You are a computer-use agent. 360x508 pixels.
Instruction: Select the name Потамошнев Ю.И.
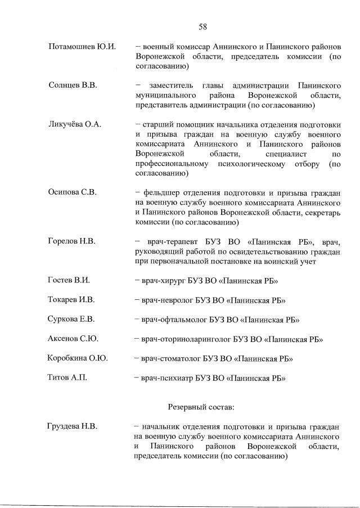[x=82, y=46]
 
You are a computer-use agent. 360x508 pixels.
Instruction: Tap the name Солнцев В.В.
[x=73, y=86]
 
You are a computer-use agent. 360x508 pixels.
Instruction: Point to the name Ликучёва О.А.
[x=75, y=124]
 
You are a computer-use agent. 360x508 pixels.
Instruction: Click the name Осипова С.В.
[x=73, y=192]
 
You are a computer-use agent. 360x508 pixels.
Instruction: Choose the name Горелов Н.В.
[x=72, y=241]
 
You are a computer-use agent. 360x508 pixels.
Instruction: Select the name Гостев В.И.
[x=69, y=280]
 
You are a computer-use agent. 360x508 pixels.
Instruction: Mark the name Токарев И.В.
[x=71, y=299]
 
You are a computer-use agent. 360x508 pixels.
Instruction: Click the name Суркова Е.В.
[x=71, y=319]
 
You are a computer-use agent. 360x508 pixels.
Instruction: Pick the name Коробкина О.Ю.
[x=78, y=358]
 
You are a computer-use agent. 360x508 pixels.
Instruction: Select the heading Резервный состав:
[x=202, y=406]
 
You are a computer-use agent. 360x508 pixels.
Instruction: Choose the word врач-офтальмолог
[x=174, y=320]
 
